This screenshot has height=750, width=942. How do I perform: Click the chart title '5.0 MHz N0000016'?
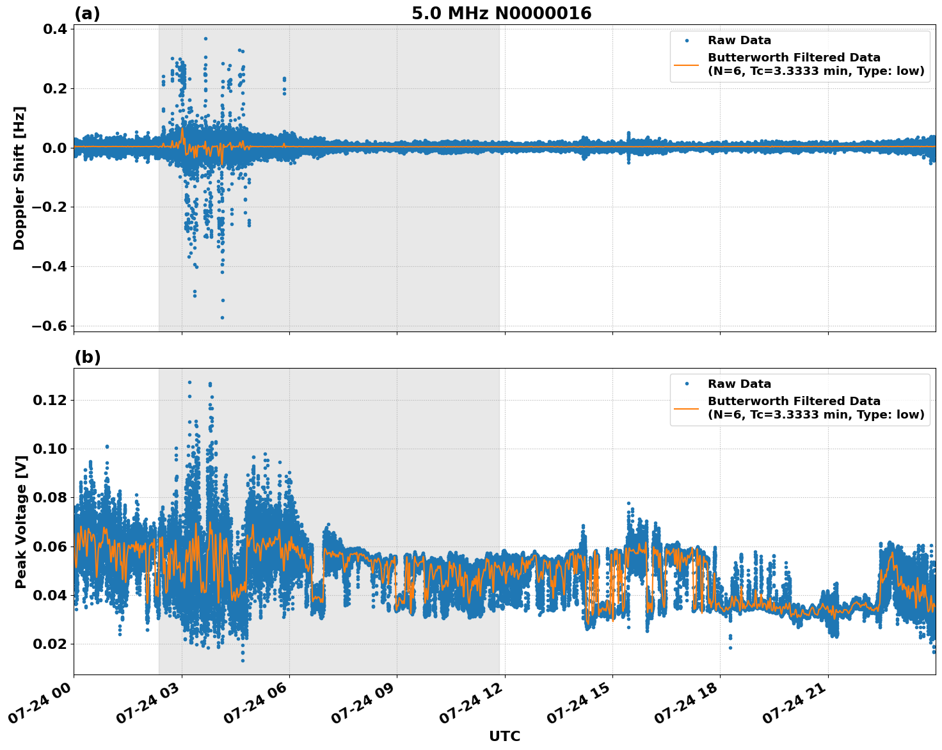click(501, 13)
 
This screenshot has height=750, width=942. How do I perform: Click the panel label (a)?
click(87, 13)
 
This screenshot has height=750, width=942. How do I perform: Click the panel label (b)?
click(87, 357)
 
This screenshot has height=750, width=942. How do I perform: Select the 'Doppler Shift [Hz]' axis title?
click(19, 178)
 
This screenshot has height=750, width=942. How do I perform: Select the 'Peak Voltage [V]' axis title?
click(20, 522)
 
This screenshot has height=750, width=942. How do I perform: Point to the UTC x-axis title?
click(504, 736)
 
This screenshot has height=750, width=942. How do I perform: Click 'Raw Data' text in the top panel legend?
click(739, 40)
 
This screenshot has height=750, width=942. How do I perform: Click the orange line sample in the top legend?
click(687, 65)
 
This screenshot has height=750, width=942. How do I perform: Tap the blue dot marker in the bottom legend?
click(687, 384)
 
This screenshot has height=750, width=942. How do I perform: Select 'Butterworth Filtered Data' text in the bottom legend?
click(794, 401)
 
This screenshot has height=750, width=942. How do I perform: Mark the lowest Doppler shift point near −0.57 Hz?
click(222, 317)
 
